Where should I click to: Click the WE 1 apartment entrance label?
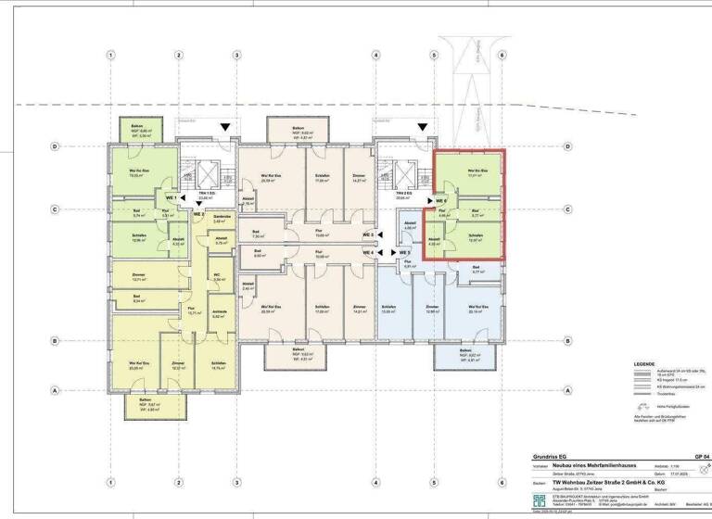pyautogui.click(x=171, y=198)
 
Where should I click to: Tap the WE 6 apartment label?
pyautogui.click(x=441, y=199)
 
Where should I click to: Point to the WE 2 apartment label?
pyautogui.click(x=197, y=214)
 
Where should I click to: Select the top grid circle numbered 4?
pyautogui.click(x=375, y=55)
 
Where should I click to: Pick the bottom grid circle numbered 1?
pyautogui.click(x=110, y=482)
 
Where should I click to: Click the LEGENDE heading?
pyautogui.click(x=643, y=364)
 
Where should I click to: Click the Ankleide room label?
pyautogui.click(x=219, y=312)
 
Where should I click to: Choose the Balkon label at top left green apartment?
pyautogui.click(x=136, y=126)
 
